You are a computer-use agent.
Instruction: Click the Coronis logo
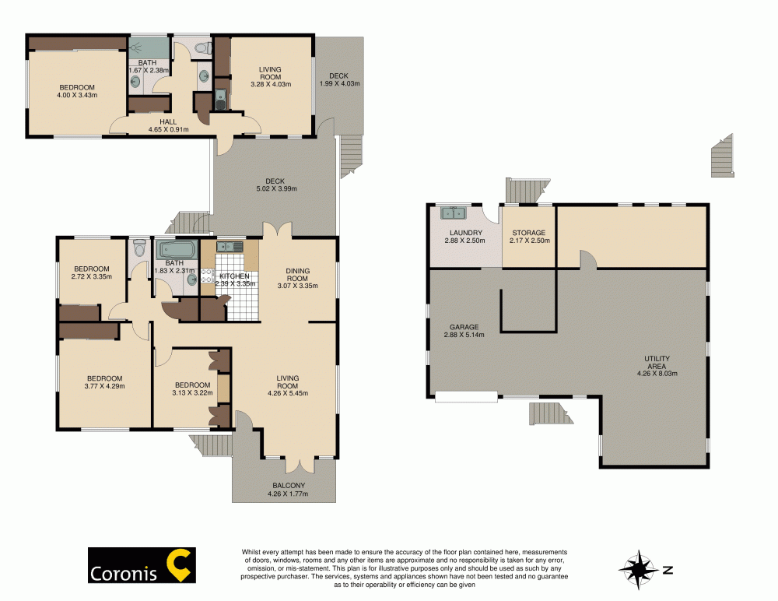coord(141,566)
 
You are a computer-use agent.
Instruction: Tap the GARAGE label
coord(463,327)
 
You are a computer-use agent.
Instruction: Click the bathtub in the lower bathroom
coord(178,250)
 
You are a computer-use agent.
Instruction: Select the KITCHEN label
coord(234,276)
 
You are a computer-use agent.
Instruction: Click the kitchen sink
coord(231,247)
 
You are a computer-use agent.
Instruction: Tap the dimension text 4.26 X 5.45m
coord(287,393)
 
